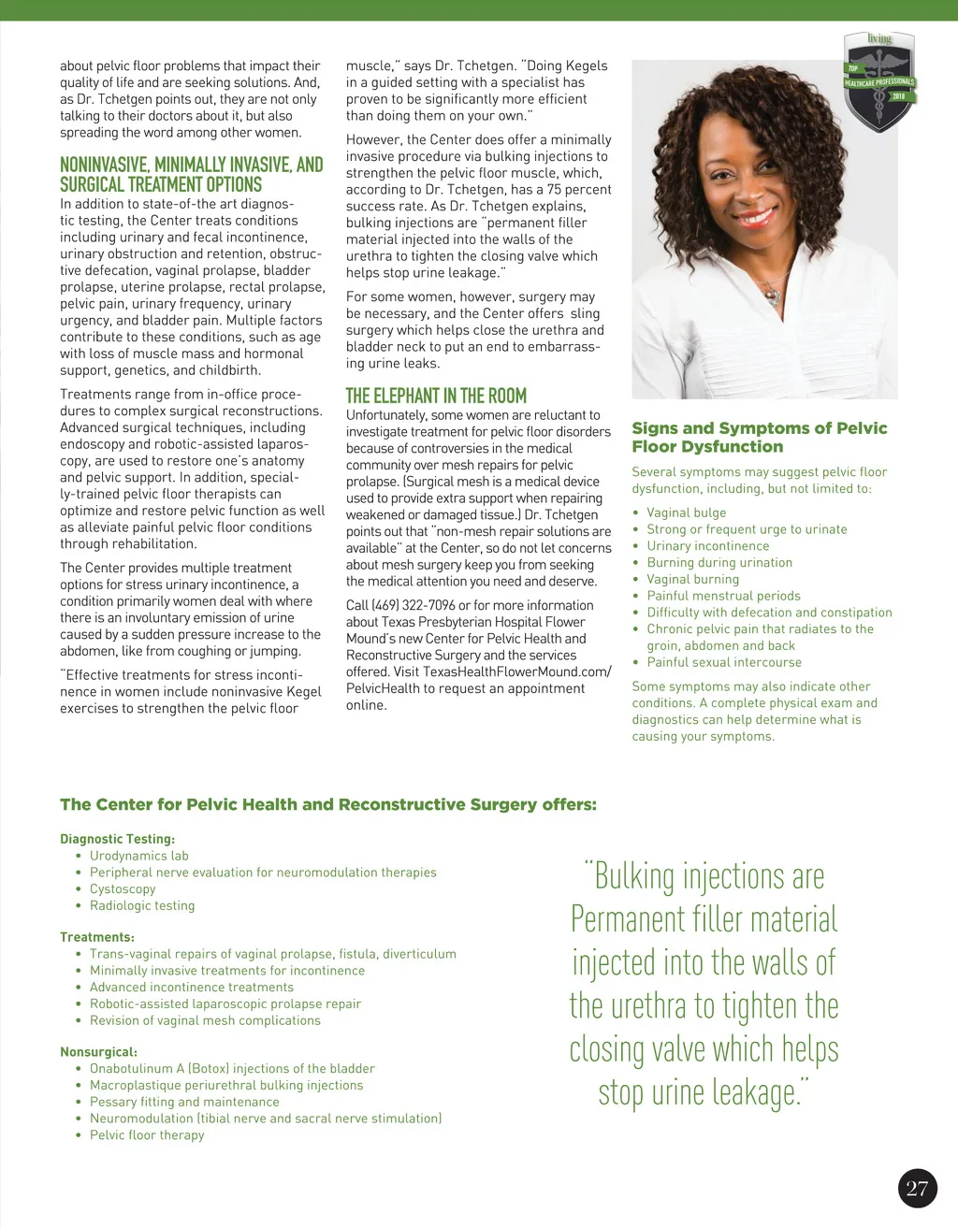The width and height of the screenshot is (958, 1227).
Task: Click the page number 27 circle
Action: click(x=917, y=1188)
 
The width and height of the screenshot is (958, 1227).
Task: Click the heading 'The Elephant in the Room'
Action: click(x=436, y=396)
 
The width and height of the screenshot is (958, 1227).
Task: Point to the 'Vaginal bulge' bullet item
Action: click(x=686, y=512)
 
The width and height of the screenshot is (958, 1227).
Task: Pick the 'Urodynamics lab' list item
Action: click(x=139, y=856)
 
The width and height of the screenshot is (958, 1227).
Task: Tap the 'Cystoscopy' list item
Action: click(x=123, y=889)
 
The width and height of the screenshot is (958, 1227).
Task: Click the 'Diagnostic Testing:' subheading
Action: click(x=117, y=839)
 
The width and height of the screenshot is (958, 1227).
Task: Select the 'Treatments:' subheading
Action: click(x=97, y=937)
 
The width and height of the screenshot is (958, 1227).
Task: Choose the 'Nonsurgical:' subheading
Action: click(x=98, y=1052)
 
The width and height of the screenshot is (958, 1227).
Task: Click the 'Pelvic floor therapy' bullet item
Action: click(x=147, y=1135)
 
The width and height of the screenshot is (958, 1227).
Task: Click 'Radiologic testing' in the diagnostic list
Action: click(x=142, y=905)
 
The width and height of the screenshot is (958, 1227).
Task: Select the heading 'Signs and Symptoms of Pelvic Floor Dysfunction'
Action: click(x=760, y=437)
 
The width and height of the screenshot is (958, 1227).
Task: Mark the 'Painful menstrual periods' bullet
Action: click(x=723, y=596)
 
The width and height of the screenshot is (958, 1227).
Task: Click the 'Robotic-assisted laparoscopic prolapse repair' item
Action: click(x=225, y=1003)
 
